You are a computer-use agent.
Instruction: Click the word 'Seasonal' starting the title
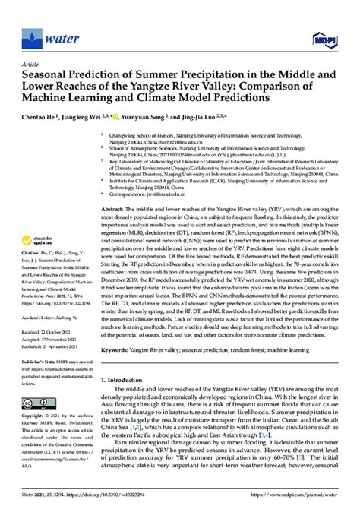[46, 74]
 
